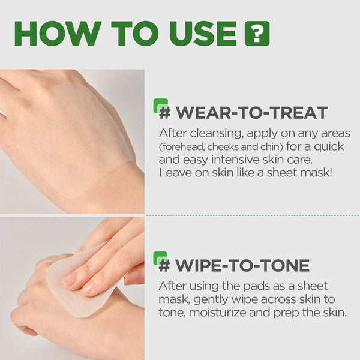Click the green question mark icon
pos(257,34)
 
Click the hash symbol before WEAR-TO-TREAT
pos(165,113)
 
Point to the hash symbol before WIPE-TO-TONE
pos(164,265)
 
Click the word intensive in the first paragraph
pos(235,160)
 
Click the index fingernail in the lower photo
pos(70,280)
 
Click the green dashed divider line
pos(252,215)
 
